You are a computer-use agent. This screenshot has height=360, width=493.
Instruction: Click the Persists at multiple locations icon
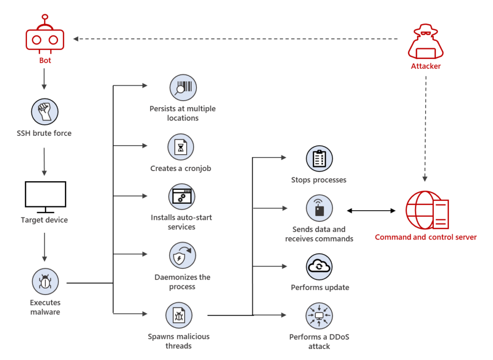(182, 88)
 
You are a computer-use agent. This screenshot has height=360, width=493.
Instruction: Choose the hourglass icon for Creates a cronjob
(181, 147)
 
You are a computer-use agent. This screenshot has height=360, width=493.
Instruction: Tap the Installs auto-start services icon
(182, 197)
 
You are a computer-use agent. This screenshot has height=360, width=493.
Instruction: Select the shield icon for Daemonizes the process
(182, 255)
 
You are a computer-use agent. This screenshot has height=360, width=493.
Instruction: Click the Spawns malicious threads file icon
(179, 316)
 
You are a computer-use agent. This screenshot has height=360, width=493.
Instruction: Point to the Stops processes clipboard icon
(319, 159)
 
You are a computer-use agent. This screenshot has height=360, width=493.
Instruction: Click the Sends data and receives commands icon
(319, 209)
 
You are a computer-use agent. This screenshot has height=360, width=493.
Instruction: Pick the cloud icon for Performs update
(319, 267)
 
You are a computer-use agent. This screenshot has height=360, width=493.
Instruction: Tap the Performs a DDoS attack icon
(319, 316)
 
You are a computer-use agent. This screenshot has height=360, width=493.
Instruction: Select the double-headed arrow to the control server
(371, 211)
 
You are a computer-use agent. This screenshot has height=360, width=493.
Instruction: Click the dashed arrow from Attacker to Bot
(236, 39)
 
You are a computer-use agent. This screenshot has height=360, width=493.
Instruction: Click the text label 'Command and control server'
(426, 237)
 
